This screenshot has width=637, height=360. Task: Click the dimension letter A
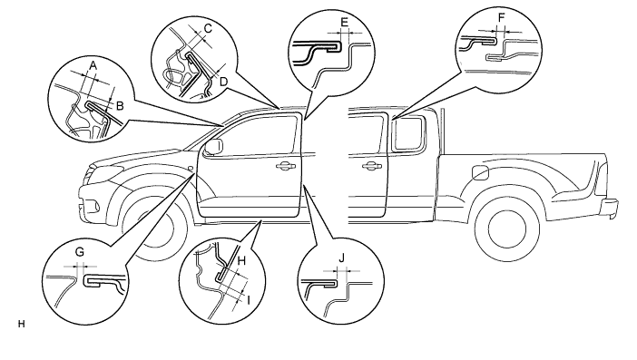point(93,65)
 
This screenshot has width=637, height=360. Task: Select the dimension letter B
point(120,106)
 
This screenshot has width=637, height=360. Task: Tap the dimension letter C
point(208,29)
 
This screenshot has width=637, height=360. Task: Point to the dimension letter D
point(223,82)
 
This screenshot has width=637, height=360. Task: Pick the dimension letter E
point(344,22)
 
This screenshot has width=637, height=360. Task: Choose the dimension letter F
point(501,18)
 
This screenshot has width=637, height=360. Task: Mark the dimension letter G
point(80,252)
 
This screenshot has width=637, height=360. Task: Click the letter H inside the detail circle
point(241,260)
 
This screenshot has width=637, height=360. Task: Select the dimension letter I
point(249,300)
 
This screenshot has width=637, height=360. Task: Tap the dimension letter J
point(342,258)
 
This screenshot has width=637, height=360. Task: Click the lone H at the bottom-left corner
point(22,324)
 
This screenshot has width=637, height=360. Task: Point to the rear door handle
point(372,165)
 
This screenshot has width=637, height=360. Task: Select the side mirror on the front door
point(213,147)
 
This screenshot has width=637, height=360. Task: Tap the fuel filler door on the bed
point(480,171)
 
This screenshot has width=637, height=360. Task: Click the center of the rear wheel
point(507,229)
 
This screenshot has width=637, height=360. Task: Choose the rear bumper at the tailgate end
point(611,207)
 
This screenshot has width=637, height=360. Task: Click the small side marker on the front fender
point(191,168)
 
